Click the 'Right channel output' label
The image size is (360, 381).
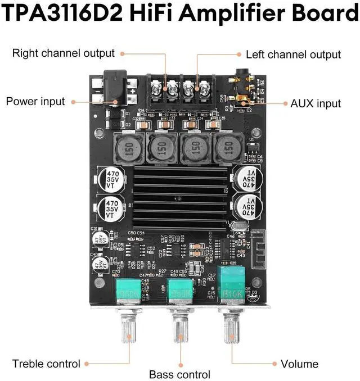point(63,53)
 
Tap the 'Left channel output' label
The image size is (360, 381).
point(293,55)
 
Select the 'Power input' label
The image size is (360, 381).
point(35,102)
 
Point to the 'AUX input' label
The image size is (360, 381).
point(316,103)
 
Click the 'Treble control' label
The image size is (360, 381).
point(46,364)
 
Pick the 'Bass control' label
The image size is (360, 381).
point(179,374)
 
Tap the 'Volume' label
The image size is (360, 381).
point(299,364)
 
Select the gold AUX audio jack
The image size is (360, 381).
point(240,90)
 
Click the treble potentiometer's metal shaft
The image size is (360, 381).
point(127,332)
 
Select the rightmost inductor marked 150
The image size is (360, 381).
point(227,148)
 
